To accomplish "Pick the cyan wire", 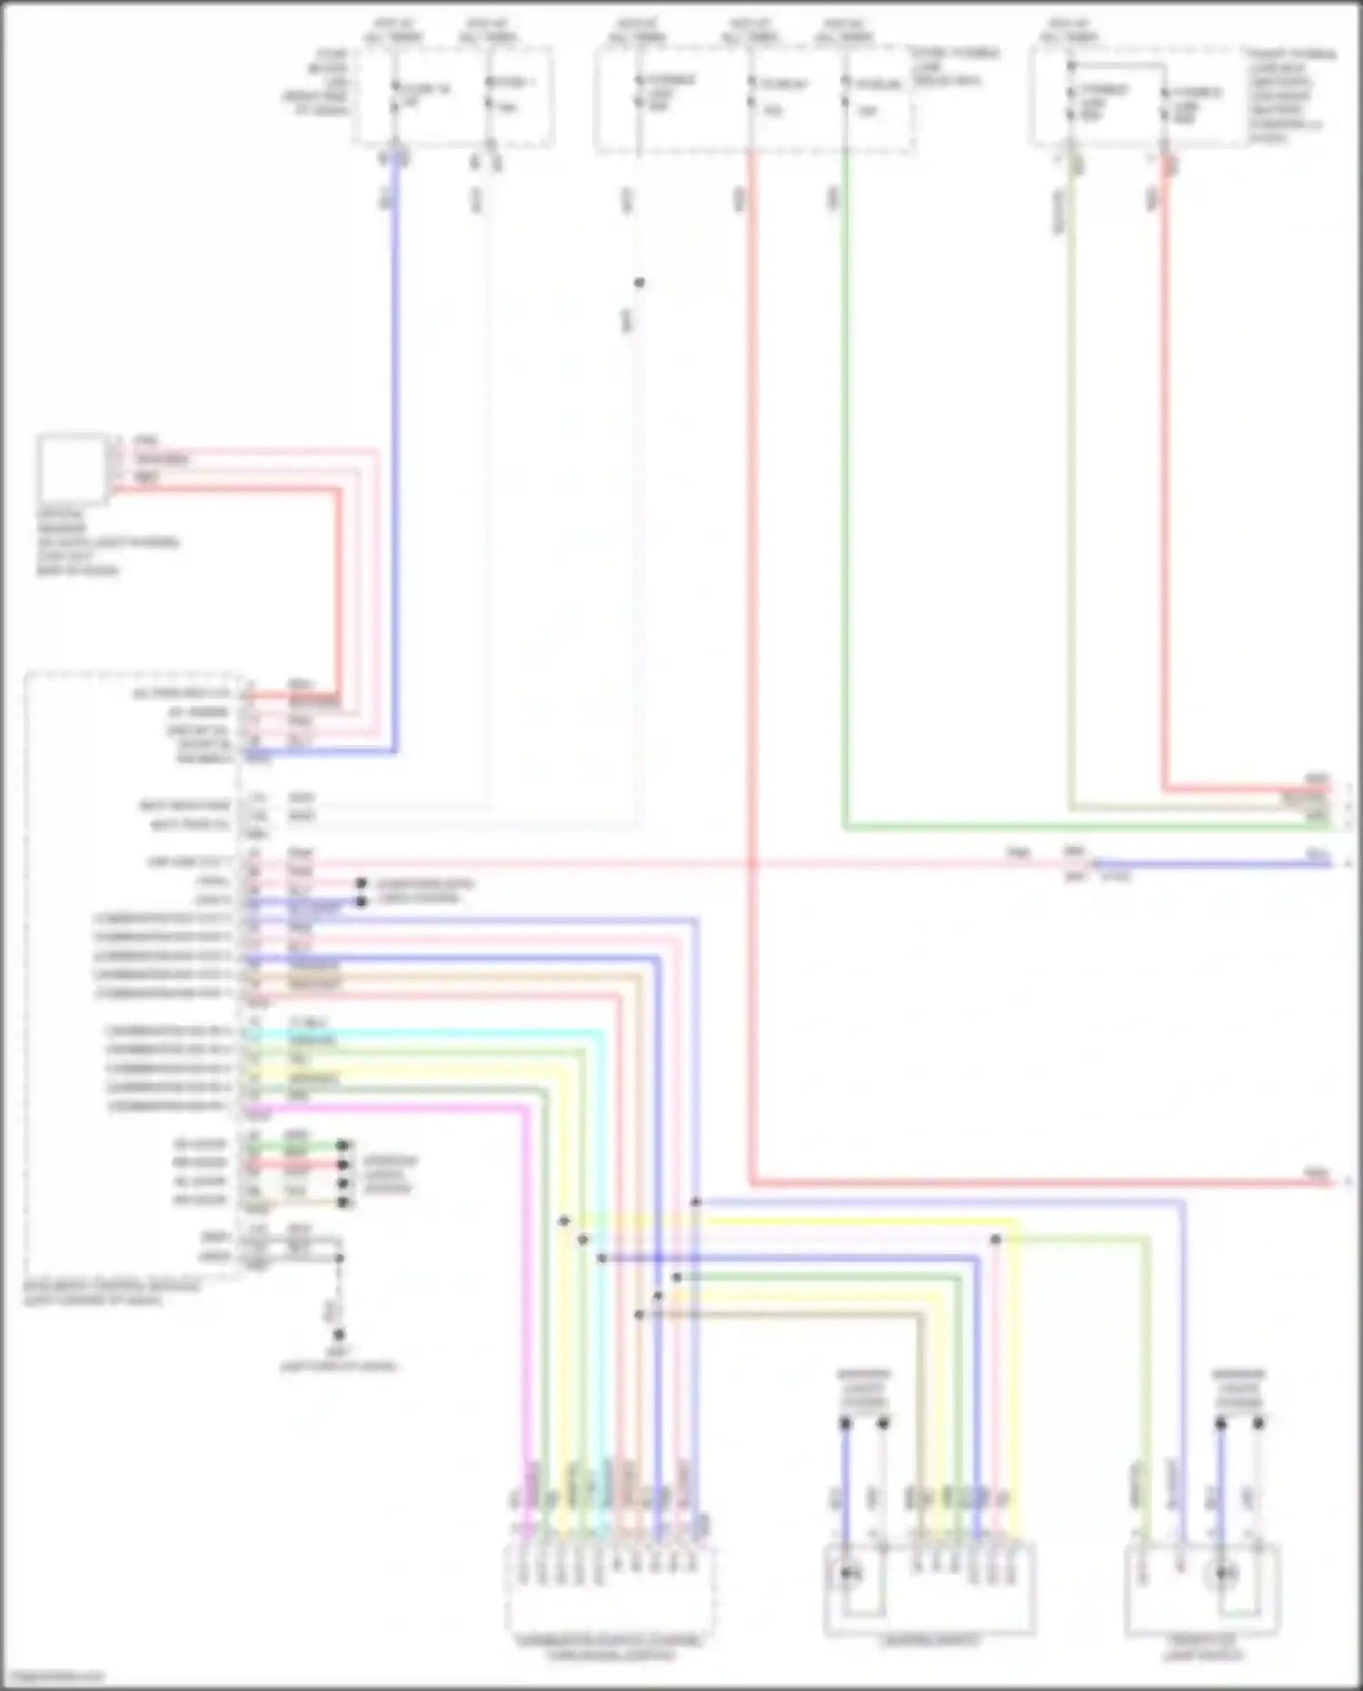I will pos(454,1032).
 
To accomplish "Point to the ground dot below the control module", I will pos(338,1335).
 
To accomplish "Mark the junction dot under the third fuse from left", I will pos(640,283).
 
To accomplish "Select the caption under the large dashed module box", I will pos(109,1293).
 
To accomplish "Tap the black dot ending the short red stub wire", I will pos(343,1164).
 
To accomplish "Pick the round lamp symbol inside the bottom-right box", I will pos(1227,1574).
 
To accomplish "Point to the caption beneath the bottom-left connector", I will pos(609,1647).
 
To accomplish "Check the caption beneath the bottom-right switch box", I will pos(1202,1647).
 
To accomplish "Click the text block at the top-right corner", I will pos(1290,95).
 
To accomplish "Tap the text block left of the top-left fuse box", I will pos(318,82).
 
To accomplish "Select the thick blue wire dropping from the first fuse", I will pos(394,454).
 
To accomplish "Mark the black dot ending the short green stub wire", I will pos(343,1146).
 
